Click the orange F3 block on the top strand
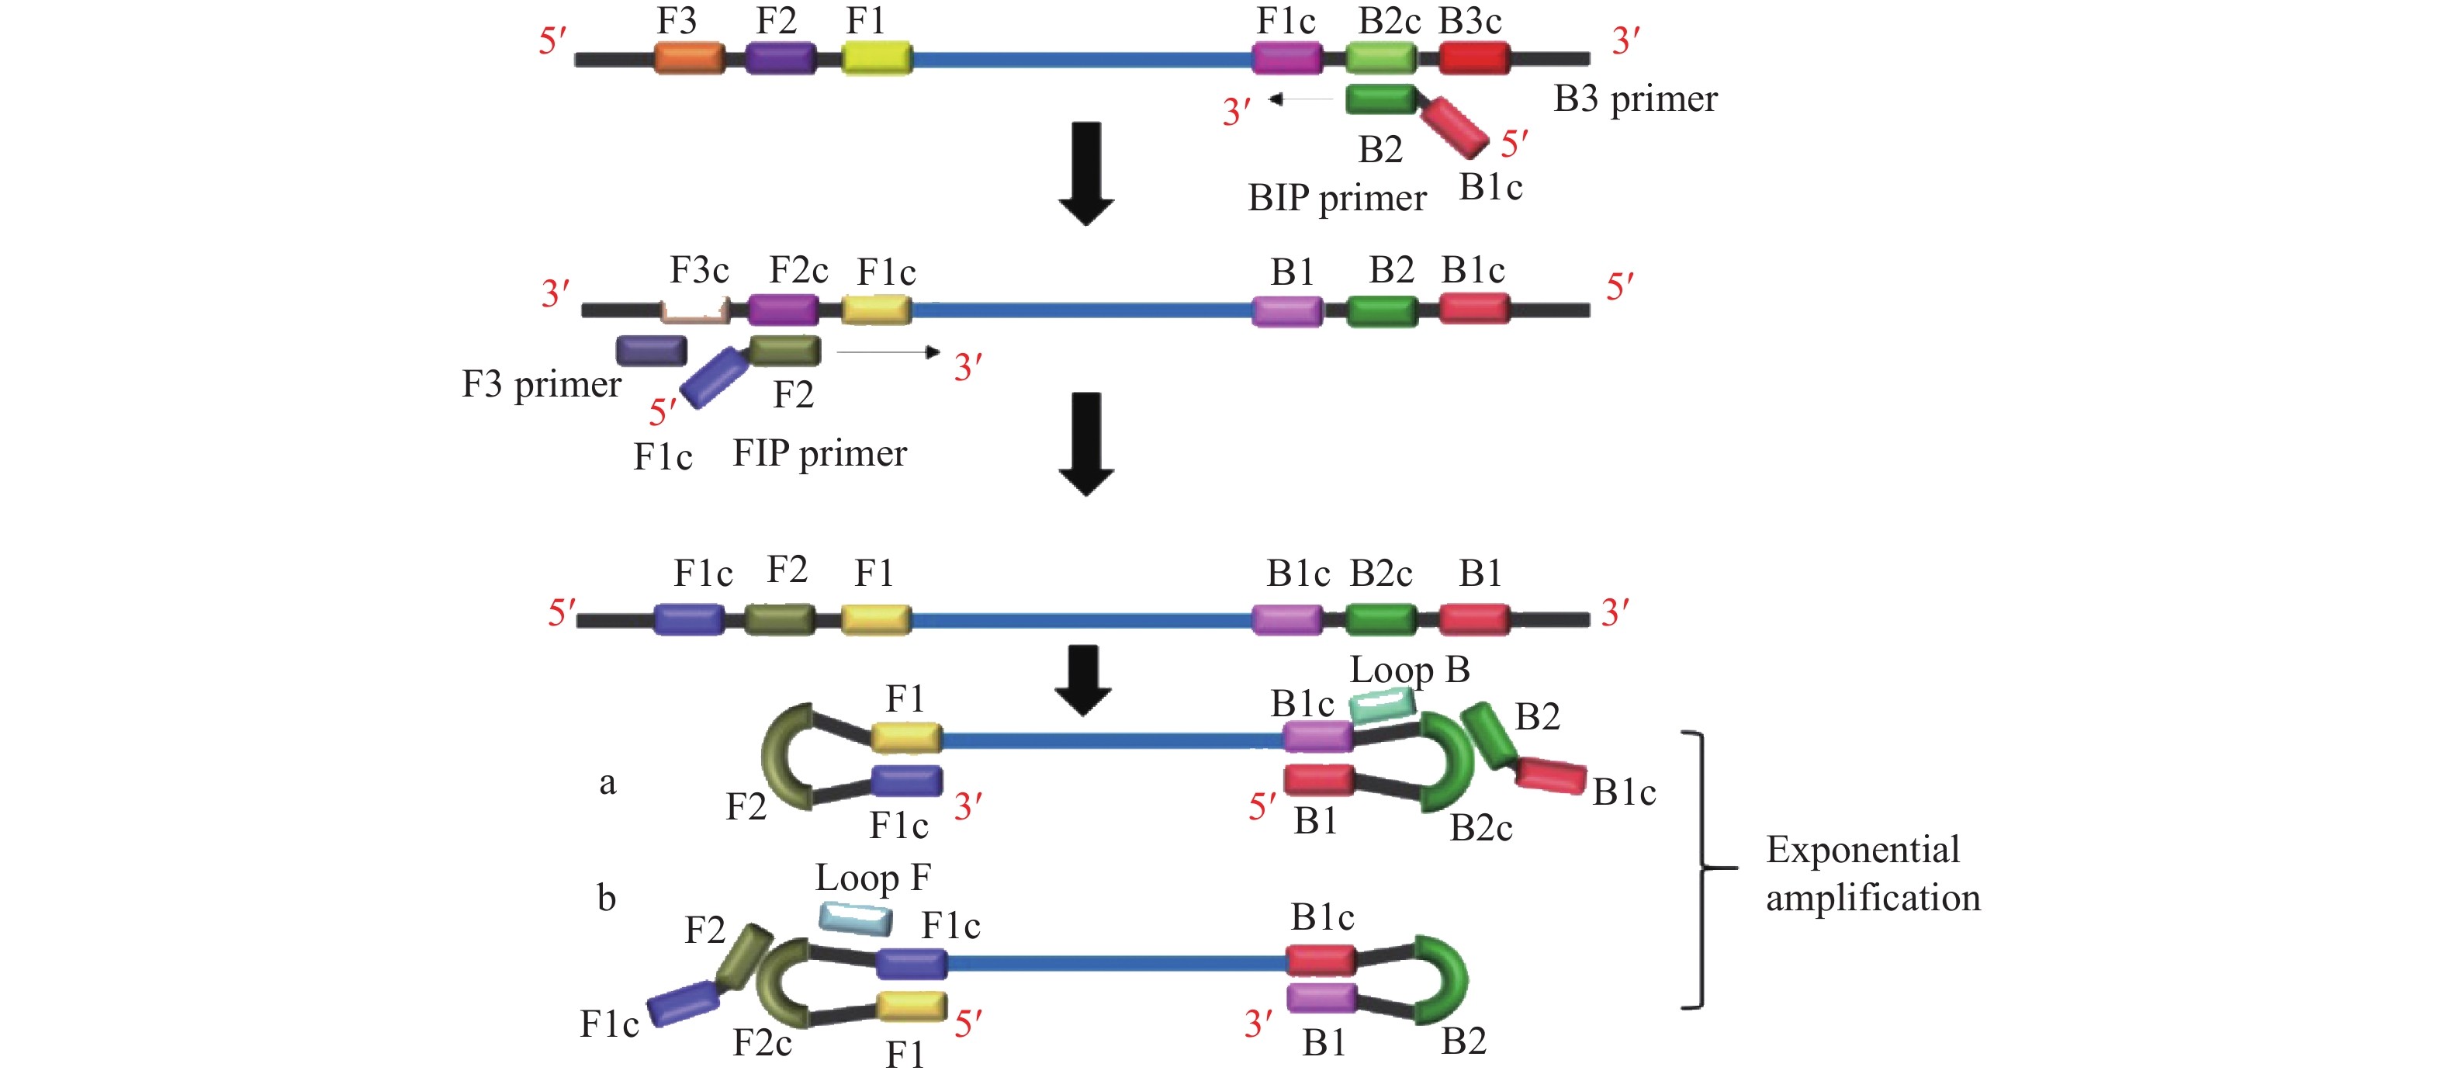click(x=689, y=58)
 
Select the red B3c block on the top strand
click(x=1473, y=58)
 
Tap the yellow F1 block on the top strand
click(x=877, y=58)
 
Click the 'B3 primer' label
click(x=1635, y=99)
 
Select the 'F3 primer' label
click(x=541, y=384)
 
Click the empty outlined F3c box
click(x=694, y=310)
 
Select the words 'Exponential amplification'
click(x=1872, y=873)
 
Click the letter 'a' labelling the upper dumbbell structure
click(x=608, y=782)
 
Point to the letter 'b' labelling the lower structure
click(x=606, y=897)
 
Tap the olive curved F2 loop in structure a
click(x=784, y=757)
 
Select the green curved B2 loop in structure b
click(x=1444, y=979)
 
